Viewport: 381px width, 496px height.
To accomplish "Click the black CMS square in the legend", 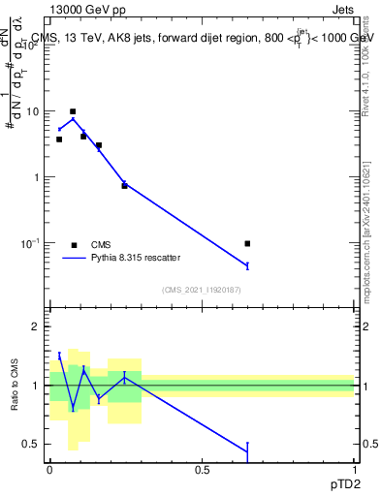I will (74, 245).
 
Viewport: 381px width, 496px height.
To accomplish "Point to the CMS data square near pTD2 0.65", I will (247, 243).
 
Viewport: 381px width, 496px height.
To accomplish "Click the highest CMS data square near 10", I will (73, 111).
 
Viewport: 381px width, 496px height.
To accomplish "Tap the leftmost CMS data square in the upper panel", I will (59, 139).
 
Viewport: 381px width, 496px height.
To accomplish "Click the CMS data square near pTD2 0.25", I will (124, 185).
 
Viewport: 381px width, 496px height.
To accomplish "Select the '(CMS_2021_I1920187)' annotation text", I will (202, 290).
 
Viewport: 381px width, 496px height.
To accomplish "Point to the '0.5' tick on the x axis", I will (202, 469).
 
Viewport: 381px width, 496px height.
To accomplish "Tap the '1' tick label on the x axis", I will (355, 469).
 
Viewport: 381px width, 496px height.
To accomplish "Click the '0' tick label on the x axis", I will (49, 469).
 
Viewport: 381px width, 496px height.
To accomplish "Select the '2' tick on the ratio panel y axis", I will (36, 326).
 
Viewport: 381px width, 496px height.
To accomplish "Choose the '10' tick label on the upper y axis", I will (31, 111).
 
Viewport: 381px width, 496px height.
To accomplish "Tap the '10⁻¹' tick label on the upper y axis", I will (29, 243).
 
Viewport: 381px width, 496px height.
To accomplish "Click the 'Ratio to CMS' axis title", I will (15, 386).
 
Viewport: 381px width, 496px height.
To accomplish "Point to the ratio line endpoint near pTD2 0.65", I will (247, 451).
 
